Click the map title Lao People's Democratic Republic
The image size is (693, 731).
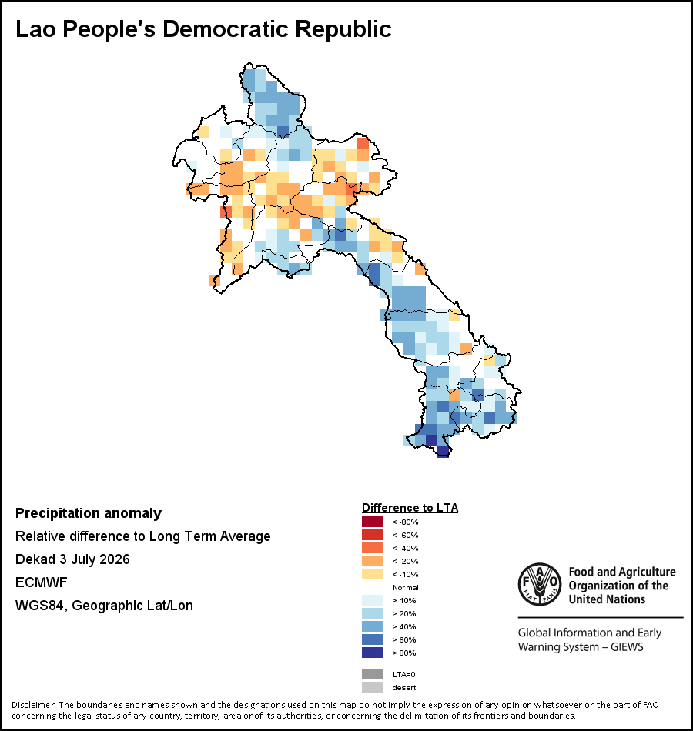(203, 29)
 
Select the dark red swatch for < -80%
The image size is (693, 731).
(373, 522)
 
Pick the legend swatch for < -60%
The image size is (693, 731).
(373, 535)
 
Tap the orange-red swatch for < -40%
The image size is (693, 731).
(373, 548)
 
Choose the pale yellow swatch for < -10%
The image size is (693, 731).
(373, 574)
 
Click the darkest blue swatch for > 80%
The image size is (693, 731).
(373, 653)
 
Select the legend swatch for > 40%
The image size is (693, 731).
(373, 626)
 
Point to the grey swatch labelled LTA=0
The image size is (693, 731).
(373, 674)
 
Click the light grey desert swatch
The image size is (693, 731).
(373, 687)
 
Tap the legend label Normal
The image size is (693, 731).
(406, 587)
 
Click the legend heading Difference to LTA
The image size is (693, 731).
(410, 508)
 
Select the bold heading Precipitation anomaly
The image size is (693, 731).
(89, 513)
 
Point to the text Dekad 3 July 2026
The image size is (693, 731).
(73, 559)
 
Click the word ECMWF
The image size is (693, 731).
(42, 582)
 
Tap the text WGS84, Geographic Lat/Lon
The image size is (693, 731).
(104, 605)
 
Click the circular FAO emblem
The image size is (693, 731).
(540, 585)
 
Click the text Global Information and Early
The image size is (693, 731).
(589, 633)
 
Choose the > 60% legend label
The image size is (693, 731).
(404, 639)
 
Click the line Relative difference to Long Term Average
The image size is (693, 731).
(142, 536)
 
